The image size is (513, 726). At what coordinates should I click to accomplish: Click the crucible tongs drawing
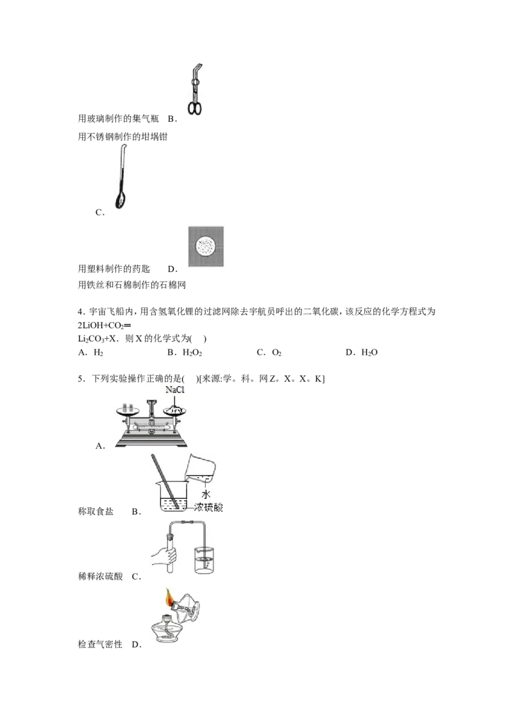pos(195,90)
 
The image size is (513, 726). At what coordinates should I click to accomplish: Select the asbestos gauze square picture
pos(206,246)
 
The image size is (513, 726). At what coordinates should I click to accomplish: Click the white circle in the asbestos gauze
pos(206,246)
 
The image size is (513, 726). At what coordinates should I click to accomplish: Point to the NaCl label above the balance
pos(175,390)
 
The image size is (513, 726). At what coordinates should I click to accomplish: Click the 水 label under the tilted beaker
pos(206,494)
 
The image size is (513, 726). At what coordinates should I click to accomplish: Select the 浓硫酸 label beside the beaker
pos(208,507)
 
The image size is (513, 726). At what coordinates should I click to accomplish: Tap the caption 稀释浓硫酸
pos(101,577)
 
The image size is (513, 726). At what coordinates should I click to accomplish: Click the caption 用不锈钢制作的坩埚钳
pos(122,137)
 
